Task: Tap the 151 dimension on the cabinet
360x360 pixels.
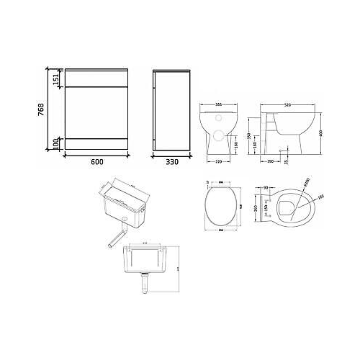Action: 55,79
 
